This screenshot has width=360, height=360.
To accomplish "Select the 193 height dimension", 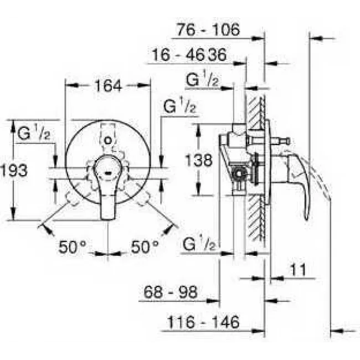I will pos(14,170).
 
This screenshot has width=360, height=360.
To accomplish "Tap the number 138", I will pos(199,161).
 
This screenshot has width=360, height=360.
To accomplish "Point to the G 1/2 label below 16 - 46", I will pos(202,80).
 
